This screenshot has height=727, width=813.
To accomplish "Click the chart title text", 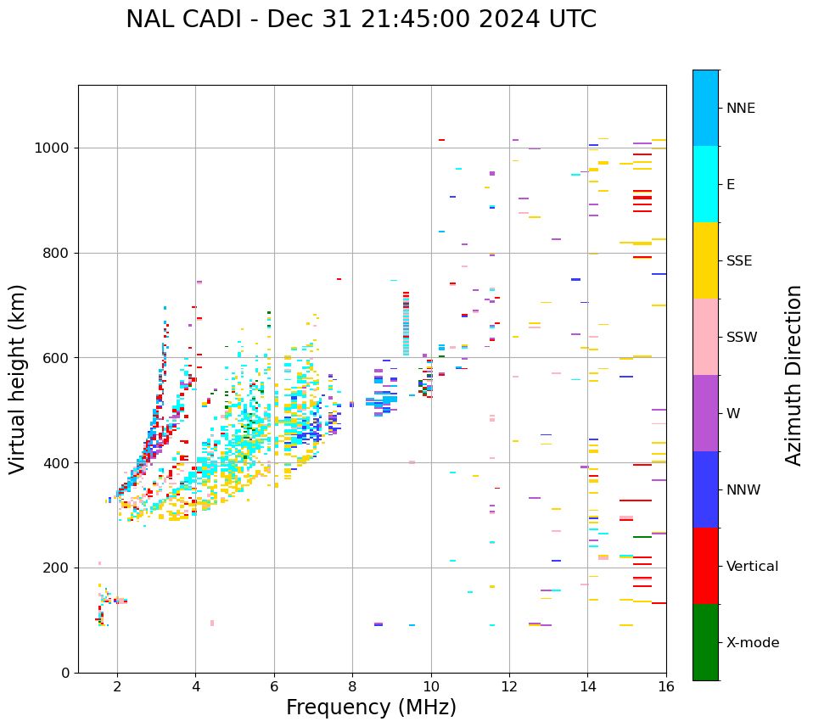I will click(x=361, y=20).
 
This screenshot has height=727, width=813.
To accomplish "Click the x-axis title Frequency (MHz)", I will click(x=371, y=707).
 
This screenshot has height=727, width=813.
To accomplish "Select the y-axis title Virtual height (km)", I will click(x=18, y=379).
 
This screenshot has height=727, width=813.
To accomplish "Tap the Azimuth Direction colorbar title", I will click(x=793, y=375).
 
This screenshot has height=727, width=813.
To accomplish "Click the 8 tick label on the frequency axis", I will click(x=352, y=685).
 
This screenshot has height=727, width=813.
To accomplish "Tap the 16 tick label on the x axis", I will click(x=666, y=685).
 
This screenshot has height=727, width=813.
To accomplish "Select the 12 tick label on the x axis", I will click(x=509, y=685).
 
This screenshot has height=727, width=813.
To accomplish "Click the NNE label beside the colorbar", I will click(x=741, y=109).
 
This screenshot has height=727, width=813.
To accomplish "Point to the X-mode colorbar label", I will click(x=753, y=643).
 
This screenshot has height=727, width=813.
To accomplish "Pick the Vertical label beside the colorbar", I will click(x=753, y=567).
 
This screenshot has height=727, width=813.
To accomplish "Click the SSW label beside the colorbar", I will click(x=743, y=338).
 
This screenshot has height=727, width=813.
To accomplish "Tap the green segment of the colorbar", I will click(x=705, y=642).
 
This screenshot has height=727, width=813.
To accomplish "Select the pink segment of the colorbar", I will click(x=705, y=337).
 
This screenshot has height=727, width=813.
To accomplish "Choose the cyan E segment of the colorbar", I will click(x=705, y=184).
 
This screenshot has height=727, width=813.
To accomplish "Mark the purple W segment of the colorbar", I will click(x=705, y=413).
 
